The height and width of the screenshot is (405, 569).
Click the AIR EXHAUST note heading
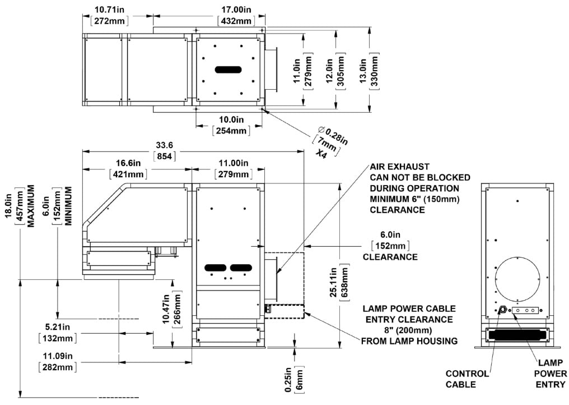(399, 167)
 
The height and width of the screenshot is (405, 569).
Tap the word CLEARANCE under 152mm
(390, 257)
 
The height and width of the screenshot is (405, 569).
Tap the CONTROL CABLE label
(468, 379)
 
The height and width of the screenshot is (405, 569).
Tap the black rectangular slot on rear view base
(517, 335)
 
